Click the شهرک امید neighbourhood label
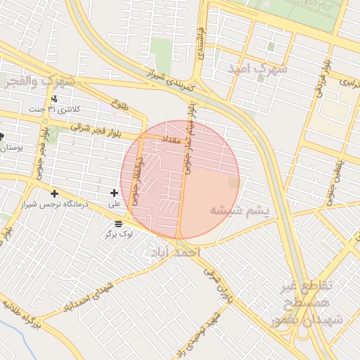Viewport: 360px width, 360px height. click(259, 69)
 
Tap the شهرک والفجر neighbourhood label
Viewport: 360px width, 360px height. click(41, 82)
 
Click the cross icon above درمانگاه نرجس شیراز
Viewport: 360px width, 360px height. click(54, 193)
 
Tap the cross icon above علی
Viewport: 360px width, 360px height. click(115, 193)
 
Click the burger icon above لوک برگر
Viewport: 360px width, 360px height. click(117, 223)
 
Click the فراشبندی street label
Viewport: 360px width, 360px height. click(204, 42)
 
